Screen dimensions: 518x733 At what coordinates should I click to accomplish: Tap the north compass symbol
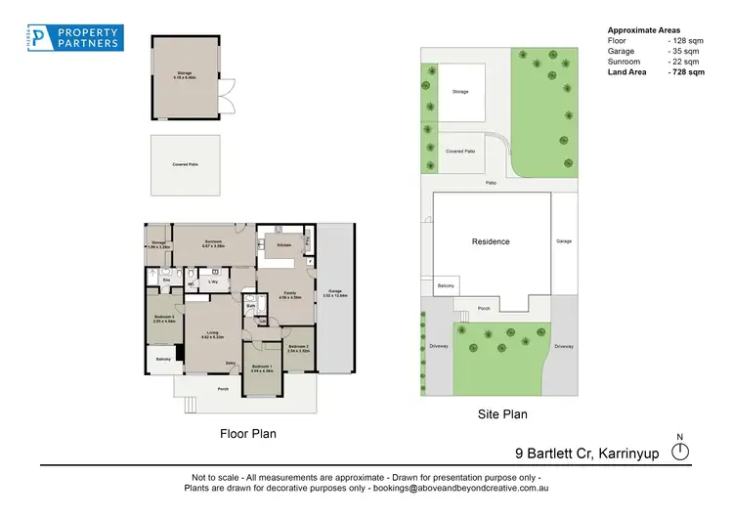[x=681, y=451]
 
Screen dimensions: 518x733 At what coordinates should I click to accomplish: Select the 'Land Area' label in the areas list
[x=627, y=71]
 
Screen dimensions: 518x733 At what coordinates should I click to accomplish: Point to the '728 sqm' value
[x=686, y=71]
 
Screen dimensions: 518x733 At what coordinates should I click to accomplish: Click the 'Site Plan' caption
[x=501, y=414]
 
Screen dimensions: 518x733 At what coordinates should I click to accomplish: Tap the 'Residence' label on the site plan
[x=491, y=241]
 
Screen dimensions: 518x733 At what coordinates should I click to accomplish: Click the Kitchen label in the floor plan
[x=284, y=244]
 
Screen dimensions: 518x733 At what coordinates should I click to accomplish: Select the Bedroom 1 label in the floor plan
[x=262, y=367]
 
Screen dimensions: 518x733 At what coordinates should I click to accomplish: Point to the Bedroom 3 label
[x=163, y=318]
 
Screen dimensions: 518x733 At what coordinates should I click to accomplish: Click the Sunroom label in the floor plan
[x=214, y=241]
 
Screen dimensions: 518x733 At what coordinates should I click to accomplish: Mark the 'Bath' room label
[x=250, y=306]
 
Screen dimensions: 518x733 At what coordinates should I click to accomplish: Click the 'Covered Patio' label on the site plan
[x=460, y=151]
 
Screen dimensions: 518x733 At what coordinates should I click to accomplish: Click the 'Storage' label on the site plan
[x=460, y=92]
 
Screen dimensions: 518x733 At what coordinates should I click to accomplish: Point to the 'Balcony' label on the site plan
[x=445, y=285]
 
